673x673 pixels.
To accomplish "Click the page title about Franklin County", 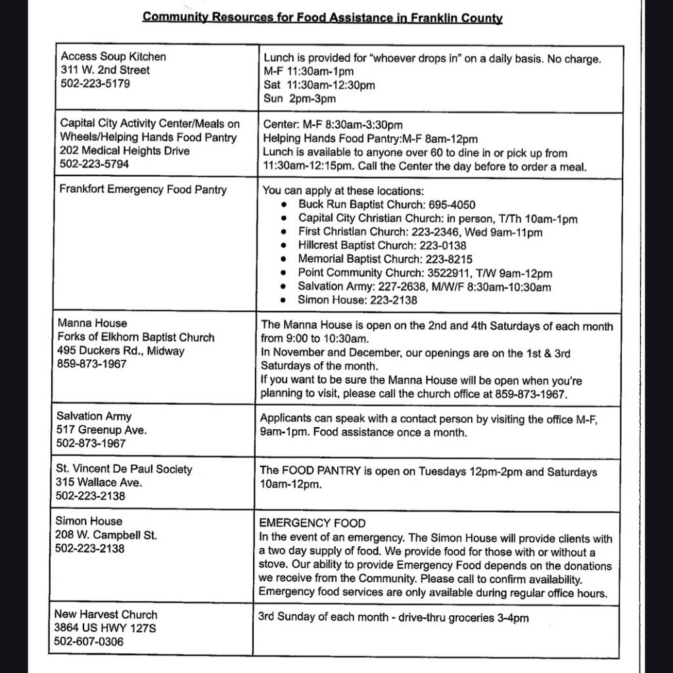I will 322,17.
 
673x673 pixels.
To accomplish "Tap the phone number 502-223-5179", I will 95,84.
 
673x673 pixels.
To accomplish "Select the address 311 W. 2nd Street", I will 105,70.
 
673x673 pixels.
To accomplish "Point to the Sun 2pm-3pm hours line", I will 299,99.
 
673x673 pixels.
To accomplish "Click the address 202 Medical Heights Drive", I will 125,151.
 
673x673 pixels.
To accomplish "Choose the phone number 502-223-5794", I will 95,164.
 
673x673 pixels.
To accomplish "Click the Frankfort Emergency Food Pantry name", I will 143,190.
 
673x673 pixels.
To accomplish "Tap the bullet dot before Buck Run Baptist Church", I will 284,205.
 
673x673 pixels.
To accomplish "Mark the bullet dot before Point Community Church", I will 284,273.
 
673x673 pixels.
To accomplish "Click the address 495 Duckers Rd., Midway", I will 121,351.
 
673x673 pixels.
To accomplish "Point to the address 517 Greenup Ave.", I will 102,430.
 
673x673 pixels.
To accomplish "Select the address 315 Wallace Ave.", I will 99,482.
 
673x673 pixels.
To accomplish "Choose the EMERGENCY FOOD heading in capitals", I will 313,524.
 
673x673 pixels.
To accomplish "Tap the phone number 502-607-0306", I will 89,641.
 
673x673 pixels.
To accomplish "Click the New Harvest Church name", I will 106,615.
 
